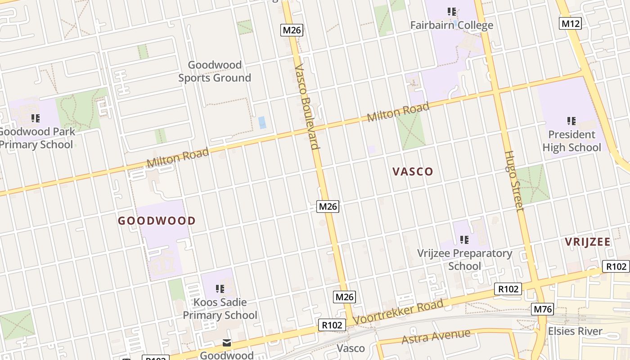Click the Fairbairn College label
pos(451,25)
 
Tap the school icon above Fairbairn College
pos(452,12)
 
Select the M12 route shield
pos(570,23)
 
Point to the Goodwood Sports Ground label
pos(215,72)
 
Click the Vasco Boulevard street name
pos(307,107)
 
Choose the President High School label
pos(571,141)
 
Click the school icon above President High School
pos(571,121)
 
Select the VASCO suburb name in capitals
pos(413,171)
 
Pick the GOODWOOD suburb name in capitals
pos(157,221)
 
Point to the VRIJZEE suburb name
pos(588,242)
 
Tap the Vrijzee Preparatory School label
pos(464,260)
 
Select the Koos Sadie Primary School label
pos(220,309)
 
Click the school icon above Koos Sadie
pos(220,288)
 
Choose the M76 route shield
pos(542,309)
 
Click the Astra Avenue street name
pos(436,337)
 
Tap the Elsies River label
pos(575,331)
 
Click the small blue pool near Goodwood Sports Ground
pos(262,122)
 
